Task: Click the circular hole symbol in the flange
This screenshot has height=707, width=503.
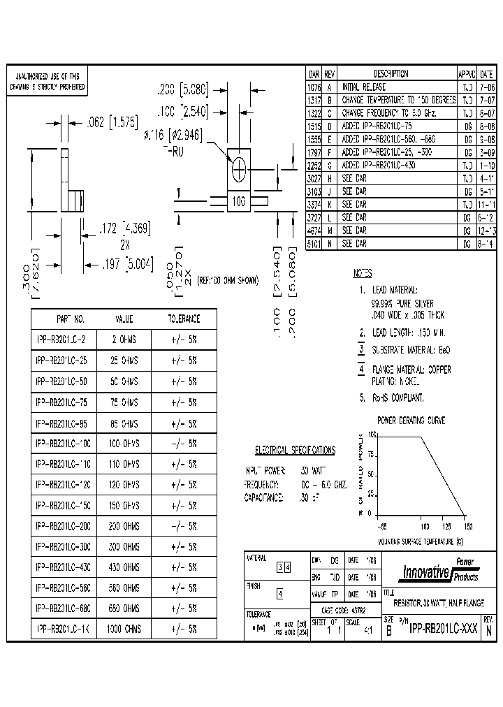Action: pyautogui.click(x=239, y=168)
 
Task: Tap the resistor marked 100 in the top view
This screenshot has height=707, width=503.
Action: pyautogui.click(x=239, y=202)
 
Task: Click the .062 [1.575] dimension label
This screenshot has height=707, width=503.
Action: pyautogui.click(x=111, y=121)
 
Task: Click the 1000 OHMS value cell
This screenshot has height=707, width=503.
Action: pyautogui.click(x=124, y=629)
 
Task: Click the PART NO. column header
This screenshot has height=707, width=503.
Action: pyautogui.click(x=69, y=319)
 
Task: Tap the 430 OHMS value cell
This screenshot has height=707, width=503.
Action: pyautogui.click(x=124, y=567)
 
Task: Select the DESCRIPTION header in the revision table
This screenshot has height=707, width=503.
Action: pyautogui.click(x=391, y=73)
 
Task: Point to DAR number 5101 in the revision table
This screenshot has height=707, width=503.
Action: pyautogui.click(x=314, y=245)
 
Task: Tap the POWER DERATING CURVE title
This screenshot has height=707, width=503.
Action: pyautogui.click(x=411, y=421)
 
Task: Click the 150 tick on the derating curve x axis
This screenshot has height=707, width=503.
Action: pyautogui.click(x=467, y=526)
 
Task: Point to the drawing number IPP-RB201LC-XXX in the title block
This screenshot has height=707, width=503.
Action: pyautogui.click(x=444, y=628)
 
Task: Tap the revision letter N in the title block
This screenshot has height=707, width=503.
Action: pyautogui.click(x=488, y=629)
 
